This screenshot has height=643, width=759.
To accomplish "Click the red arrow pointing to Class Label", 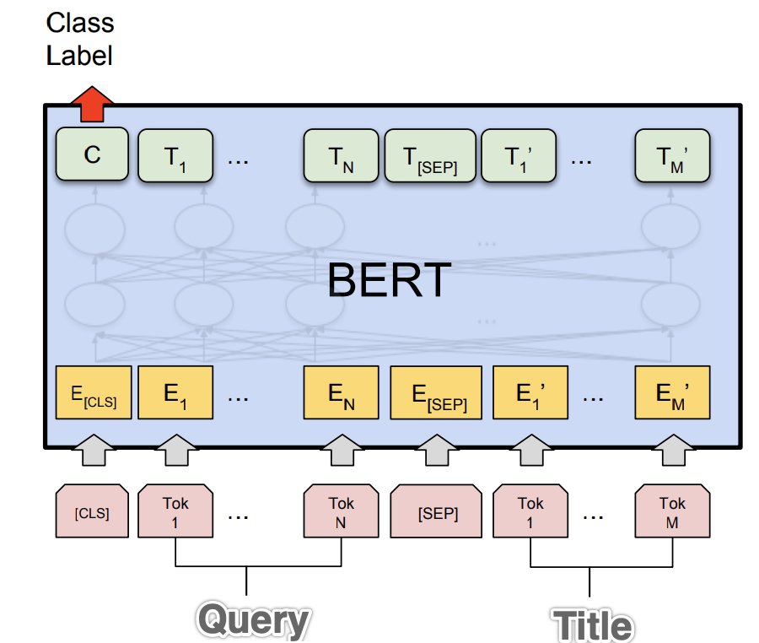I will coord(92,104).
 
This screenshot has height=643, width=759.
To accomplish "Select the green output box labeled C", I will coord(92,154).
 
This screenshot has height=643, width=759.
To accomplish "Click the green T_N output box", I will coord(340,155).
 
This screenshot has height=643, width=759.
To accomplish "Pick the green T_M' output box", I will coord(673,155).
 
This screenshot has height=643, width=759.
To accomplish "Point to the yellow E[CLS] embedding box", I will coord(93,393).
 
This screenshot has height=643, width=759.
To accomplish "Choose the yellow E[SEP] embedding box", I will coord(436,393).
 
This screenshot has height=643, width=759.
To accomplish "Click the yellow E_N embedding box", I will coord(341,393).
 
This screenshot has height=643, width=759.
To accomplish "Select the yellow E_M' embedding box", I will coord(673,393).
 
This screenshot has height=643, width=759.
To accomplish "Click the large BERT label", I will coord(389,280).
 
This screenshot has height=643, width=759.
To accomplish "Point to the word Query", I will coord(253,621).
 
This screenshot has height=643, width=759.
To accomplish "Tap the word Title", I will coord(592,625).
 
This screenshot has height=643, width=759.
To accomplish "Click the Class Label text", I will coord(79,39).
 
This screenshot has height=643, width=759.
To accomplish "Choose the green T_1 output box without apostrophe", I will coord(175,155).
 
